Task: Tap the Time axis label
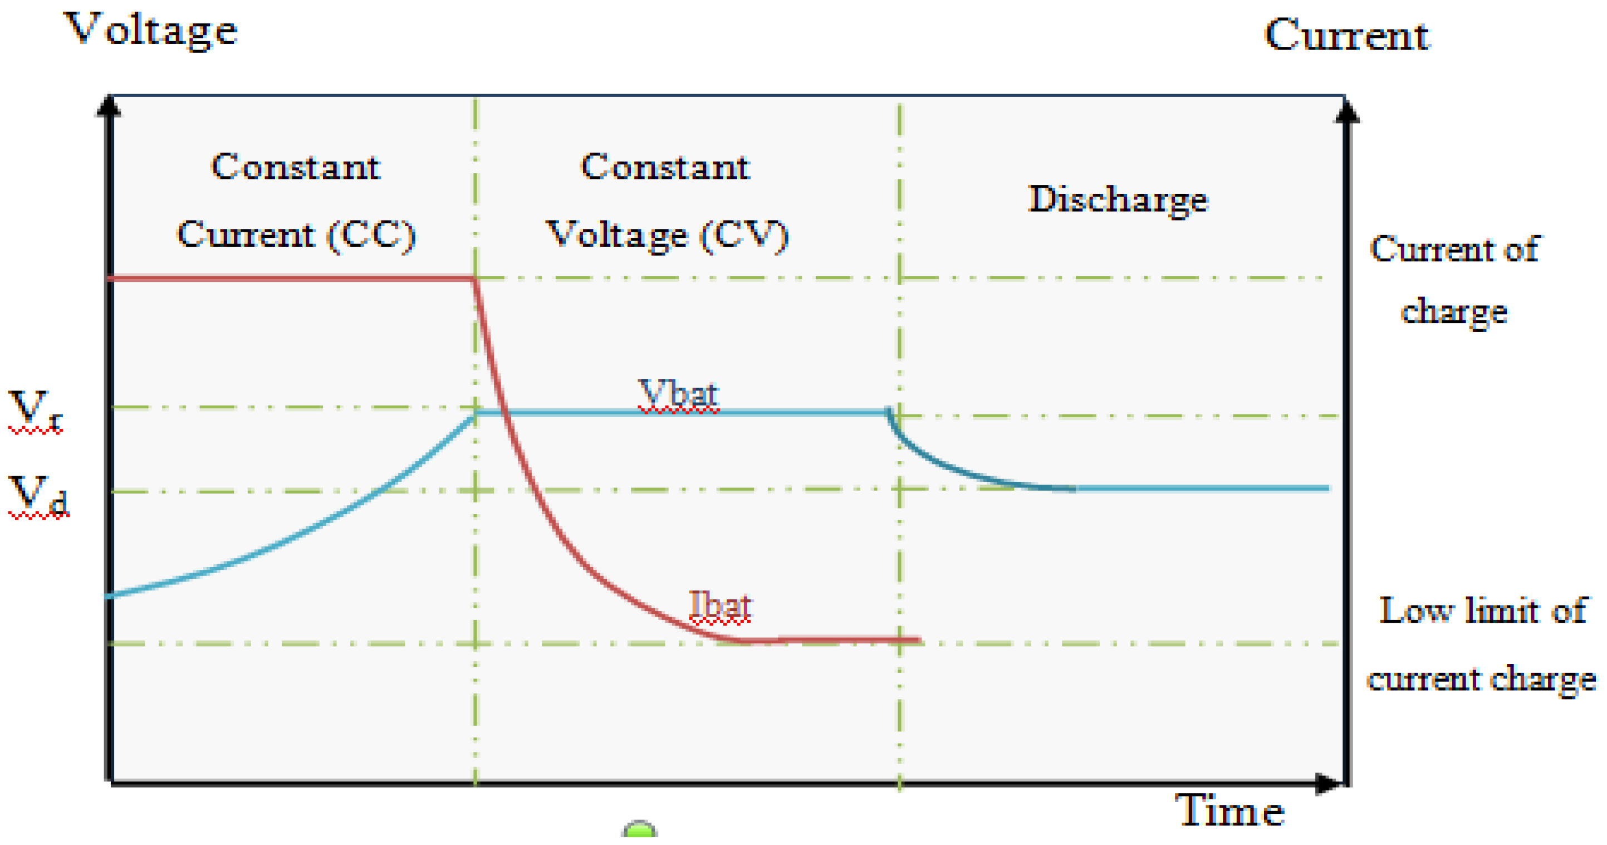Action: pyautogui.click(x=1229, y=810)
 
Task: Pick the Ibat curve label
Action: pyautogui.click(x=720, y=605)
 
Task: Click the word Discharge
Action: pyautogui.click(x=1118, y=200)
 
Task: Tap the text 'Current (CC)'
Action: pyautogui.click(x=296, y=235)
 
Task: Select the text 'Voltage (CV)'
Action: pyautogui.click(x=668, y=235)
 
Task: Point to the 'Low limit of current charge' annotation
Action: pyautogui.click(x=1482, y=643)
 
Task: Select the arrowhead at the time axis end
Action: pyautogui.click(x=1329, y=783)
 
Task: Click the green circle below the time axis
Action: pyautogui.click(x=639, y=831)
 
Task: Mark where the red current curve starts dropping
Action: pyautogui.click(x=474, y=279)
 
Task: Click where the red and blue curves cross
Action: pyautogui.click(x=504, y=412)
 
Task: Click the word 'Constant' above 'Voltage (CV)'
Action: pyautogui.click(x=665, y=167)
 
